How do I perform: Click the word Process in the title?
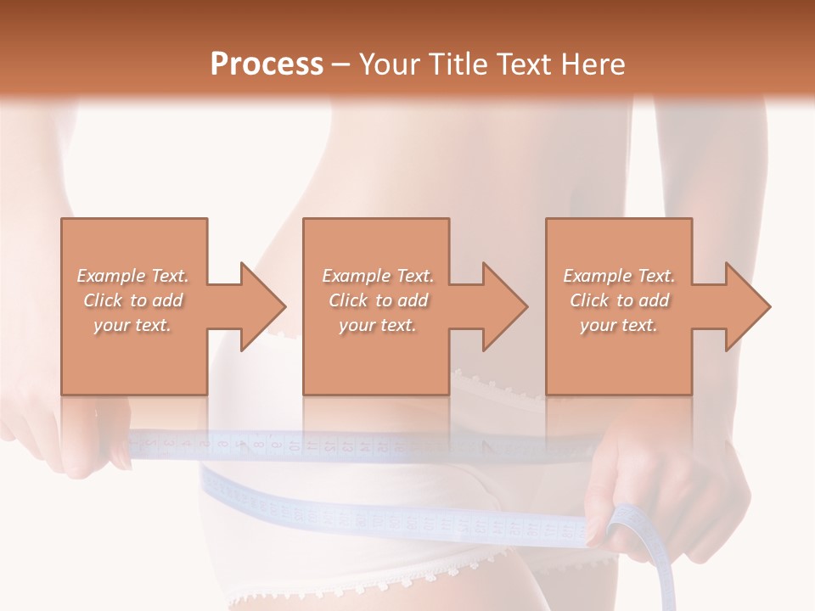coord(267,64)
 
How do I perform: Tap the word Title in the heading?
coord(457,64)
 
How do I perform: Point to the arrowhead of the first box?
coord(260,306)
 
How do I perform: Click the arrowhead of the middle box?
coord(503,306)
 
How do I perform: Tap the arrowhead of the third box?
coord(745,306)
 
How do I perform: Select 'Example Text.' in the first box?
coord(132,276)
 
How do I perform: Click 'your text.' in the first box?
coord(132,325)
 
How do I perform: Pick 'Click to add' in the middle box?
coord(378,300)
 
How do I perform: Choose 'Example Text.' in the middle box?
coord(378,276)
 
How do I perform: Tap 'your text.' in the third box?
coord(619,325)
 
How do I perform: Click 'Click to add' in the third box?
coord(619,300)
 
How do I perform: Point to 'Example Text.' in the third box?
coord(619,276)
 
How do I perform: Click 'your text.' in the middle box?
coord(378,325)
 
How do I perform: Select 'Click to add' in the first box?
coord(132,300)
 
